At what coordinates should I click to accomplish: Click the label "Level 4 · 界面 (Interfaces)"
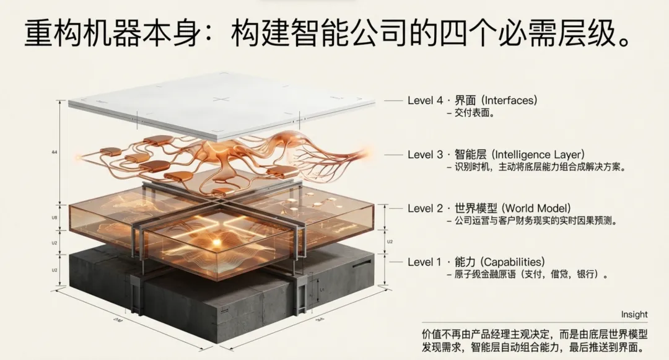click(472, 100)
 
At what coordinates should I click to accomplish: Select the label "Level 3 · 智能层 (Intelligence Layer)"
click(496, 154)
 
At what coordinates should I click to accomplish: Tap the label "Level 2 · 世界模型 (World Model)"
click(489, 208)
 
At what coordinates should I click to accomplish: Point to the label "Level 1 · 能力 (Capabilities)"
click(476, 262)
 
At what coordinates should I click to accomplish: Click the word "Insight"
click(634, 315)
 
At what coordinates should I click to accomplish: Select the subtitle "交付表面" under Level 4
click(473, 113)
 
